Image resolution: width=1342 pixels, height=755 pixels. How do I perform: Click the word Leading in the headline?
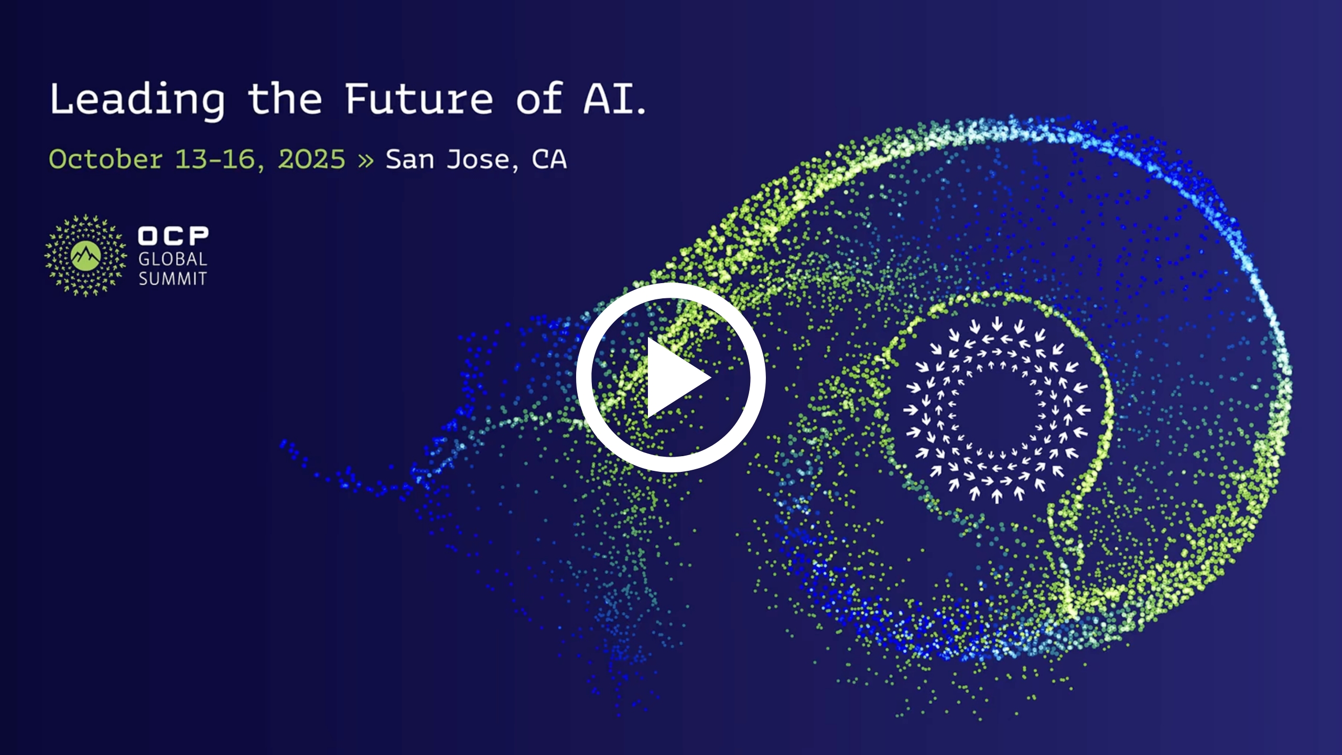tap(137, 100)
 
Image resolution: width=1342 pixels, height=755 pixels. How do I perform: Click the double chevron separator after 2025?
tap(366, 160)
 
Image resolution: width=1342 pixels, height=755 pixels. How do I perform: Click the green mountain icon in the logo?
tap(85, 256)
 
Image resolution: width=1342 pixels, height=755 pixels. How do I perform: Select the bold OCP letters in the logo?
tap(173, 236)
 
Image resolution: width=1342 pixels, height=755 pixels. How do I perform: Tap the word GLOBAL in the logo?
tap(172, 259)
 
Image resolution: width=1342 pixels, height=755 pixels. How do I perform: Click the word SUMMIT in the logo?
tap(172, 279)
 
